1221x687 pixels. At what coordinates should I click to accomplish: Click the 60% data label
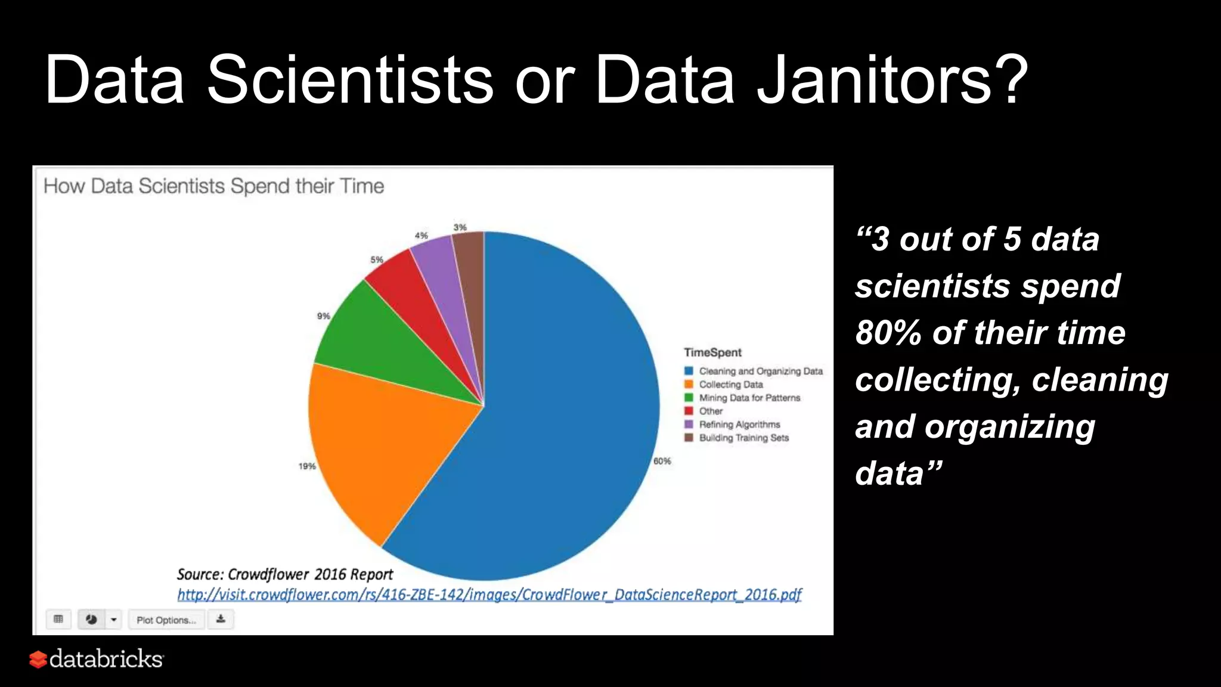[662, 461]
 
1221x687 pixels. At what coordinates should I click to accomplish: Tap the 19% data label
[307, 466]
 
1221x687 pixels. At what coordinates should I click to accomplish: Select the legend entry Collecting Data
[730, 385]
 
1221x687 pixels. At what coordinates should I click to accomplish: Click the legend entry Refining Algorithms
[739, 425]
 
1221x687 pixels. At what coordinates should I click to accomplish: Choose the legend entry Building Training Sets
[743, 438]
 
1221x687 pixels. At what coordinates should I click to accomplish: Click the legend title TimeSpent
[712, 352]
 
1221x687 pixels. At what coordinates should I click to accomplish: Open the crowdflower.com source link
[489, 595]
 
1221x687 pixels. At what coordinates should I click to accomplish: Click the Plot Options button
[166, 620]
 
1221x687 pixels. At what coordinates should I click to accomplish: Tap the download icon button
[221, 619]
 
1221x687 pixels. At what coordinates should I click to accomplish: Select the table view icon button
[58, 619]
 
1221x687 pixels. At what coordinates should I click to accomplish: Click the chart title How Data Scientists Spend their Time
[213, 186]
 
